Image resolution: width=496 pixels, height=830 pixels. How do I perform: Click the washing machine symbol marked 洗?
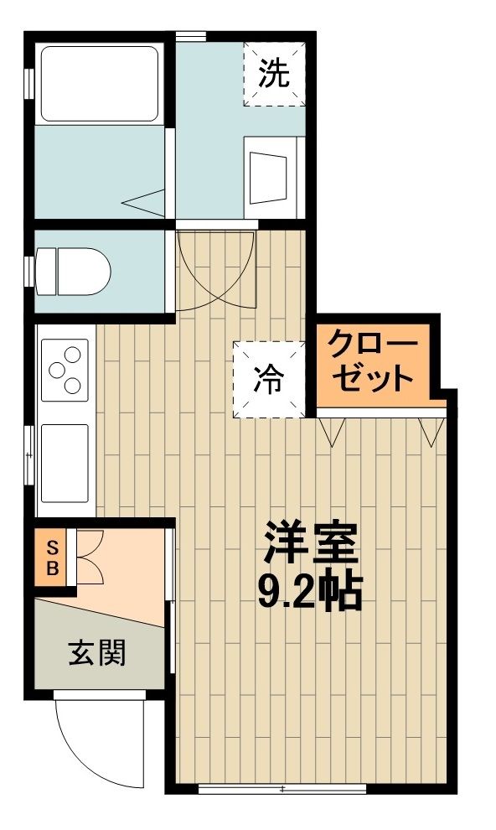point(273,75)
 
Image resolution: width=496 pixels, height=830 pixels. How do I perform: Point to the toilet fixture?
point(75,270)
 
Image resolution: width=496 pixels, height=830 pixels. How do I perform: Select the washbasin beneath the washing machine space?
point(273,174)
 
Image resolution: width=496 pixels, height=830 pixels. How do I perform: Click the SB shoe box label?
point(51,558)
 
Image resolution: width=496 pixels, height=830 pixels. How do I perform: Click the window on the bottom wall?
point(282,788)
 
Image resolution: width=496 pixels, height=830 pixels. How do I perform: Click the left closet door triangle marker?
point(333,430)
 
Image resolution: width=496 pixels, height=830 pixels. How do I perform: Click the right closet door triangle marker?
point(432,430)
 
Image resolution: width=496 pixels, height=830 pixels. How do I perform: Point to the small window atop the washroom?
point(191,35)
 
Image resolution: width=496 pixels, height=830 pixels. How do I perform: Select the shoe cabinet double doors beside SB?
point(89,557)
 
